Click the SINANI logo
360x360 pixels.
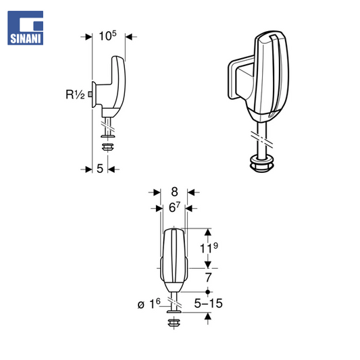(x=25, y=28)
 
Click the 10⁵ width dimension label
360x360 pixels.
(x=107, y=36)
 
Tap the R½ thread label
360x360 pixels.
(x=75, y=95)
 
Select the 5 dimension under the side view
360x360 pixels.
(x=100, y=169)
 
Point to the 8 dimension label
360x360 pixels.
(x=174, y=192)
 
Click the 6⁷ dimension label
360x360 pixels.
(x=175, y=207)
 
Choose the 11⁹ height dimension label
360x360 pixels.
(x=209, y=248)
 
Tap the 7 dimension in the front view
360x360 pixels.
(x=208, y=278)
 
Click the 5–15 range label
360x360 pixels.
(x=208, y=303)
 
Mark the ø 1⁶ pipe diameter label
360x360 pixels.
(x=149, y=304)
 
